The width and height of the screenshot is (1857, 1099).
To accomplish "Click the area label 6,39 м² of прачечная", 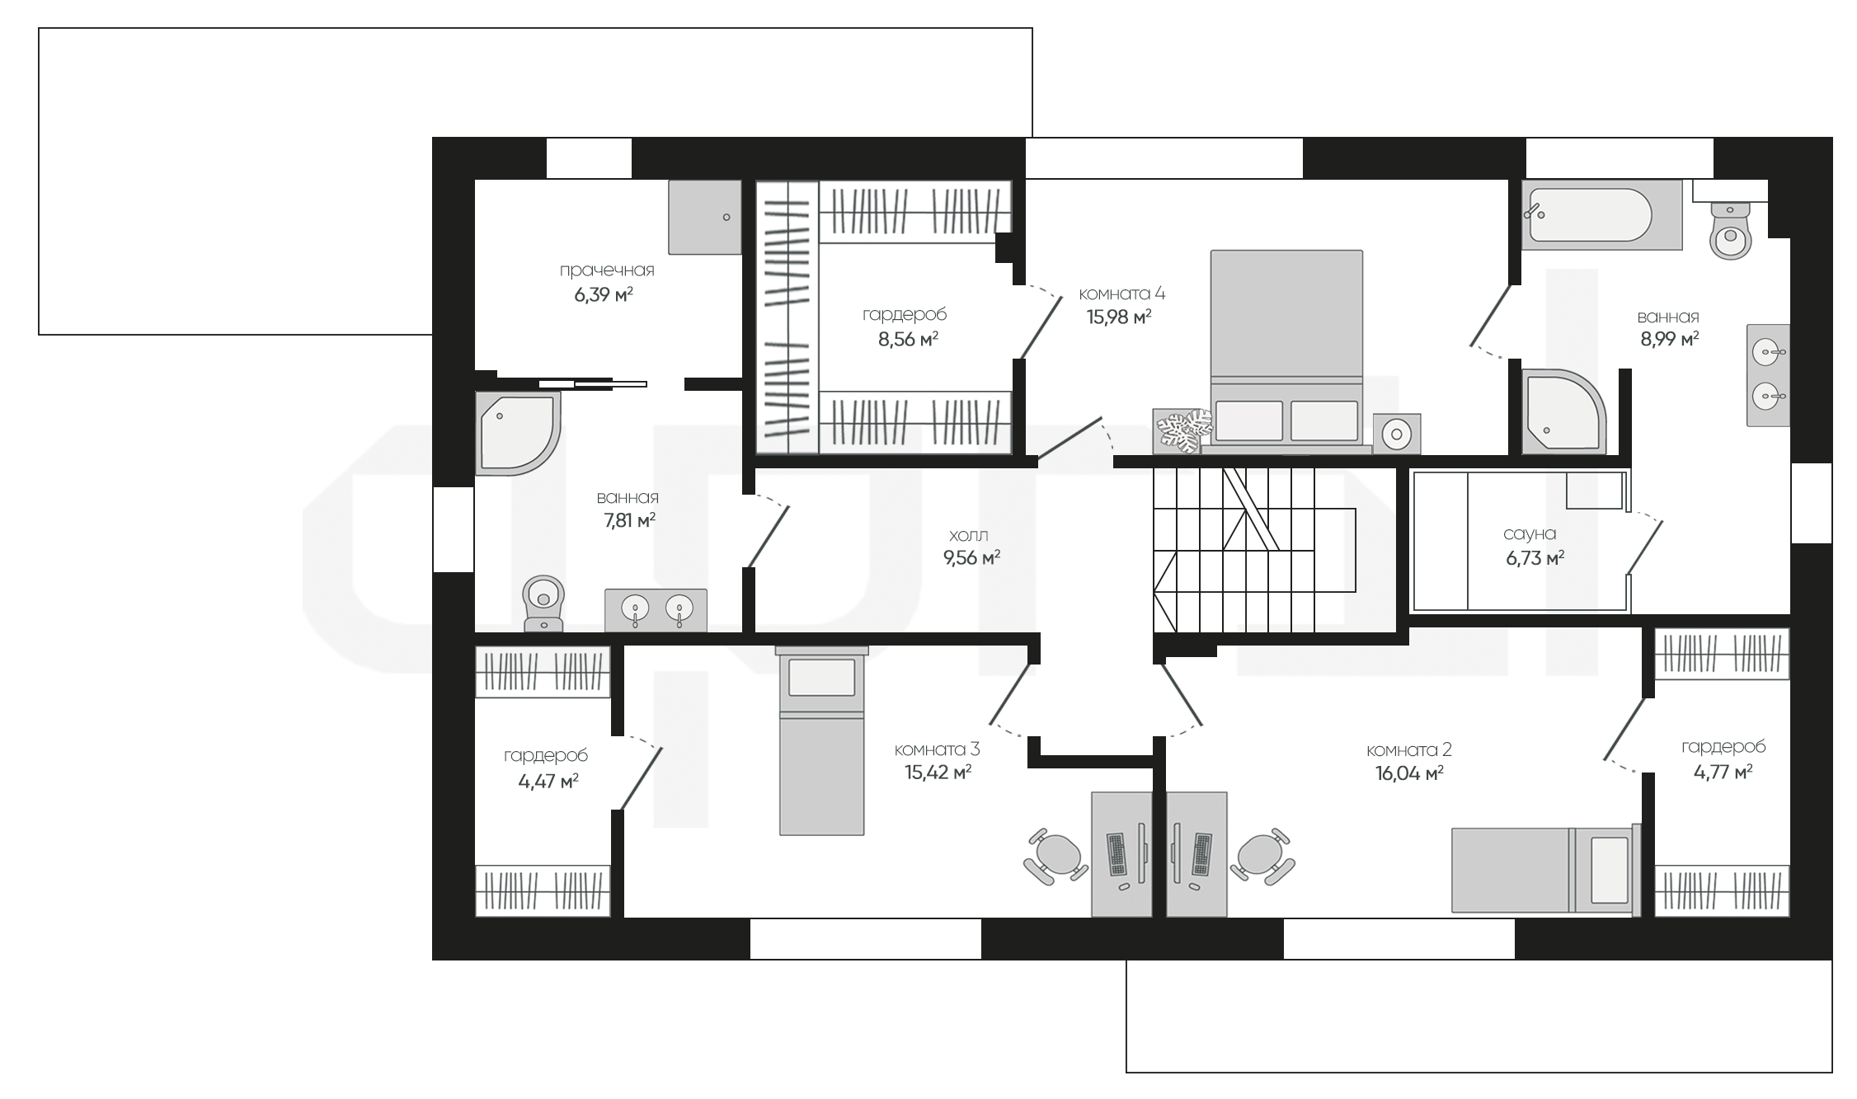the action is [x=604, y=294].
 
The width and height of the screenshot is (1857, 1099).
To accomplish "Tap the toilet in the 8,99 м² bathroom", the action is [x=1730, y=230].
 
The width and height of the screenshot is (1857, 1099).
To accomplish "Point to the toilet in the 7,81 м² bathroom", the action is [x=543, y=604].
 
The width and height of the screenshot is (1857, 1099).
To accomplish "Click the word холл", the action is [x=969, y=536].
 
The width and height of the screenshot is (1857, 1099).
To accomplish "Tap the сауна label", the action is [x=1530, y=534].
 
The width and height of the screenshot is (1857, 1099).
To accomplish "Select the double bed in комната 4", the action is [x=1286, y=351].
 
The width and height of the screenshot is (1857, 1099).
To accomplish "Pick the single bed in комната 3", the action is [x=821, y=740].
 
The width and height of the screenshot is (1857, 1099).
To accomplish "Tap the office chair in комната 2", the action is [x=1262, y=857].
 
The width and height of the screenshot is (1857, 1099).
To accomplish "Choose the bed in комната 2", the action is [x=1546, y=871].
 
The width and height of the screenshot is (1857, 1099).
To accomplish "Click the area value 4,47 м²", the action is [x=548, y=781].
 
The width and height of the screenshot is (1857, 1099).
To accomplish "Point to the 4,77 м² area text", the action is [x=1723, y=772].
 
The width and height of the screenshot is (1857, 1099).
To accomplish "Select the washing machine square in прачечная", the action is [x=704, y=217].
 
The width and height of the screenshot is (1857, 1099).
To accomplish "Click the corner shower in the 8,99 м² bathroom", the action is [x=1564, y=411].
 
